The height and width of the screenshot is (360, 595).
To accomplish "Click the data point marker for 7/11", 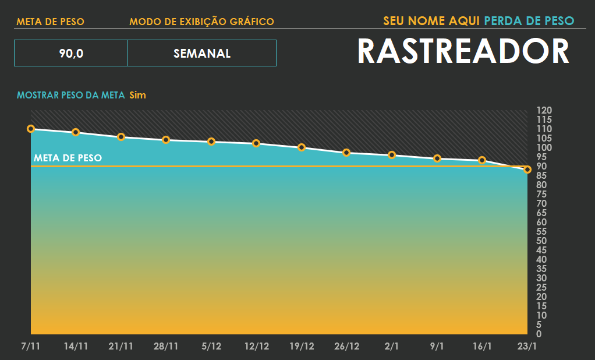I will [31, 129].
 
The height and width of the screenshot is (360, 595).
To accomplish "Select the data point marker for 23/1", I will [527, 170].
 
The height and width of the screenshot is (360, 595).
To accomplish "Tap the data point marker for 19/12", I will [302, 147].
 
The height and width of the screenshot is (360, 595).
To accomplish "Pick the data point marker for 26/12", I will [346, 153].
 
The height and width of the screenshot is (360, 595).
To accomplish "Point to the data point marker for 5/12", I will [211, 142].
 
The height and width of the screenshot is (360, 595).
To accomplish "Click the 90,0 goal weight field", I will [70, 54].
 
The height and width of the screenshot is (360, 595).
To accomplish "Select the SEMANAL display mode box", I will [201, 54].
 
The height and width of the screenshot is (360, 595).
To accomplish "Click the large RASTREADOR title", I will [463, 51].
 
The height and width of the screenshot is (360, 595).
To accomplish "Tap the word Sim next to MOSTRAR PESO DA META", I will [137, 95].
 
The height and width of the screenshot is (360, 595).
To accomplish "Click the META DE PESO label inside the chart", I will [68, 158].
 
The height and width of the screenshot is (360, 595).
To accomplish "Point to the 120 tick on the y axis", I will [543, 110].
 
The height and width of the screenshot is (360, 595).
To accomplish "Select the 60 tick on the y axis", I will [541, 222].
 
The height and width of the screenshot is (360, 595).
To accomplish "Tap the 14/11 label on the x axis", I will [76, 346].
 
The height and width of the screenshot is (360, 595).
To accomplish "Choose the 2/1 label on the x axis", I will [392, 346].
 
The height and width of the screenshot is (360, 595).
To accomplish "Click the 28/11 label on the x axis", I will [166, 346].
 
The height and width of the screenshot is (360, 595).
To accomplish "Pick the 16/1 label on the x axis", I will [482, 346].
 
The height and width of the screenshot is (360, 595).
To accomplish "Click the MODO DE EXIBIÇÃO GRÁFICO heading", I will [201, 22].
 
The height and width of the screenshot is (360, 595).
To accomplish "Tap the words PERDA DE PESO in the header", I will [529, 21].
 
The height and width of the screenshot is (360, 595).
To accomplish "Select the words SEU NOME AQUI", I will [431, 21].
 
